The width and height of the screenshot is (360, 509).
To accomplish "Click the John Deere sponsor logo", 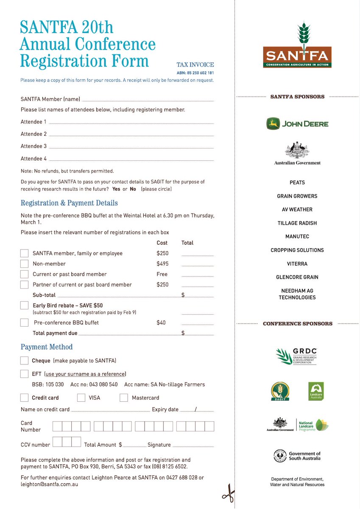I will tap(297, 124).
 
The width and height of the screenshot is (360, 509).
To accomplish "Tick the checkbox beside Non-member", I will tap(25, 264).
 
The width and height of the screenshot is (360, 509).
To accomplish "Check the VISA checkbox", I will tap(81, 398).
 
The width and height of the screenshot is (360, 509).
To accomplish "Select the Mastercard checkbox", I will tap(123, 398).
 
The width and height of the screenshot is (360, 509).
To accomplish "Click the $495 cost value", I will tap(162, 264).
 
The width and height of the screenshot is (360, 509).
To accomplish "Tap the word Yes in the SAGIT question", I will tap(116, 189).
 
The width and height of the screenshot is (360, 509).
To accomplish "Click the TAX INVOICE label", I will tap(195, 65).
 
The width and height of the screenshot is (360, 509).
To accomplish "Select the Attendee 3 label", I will tap(34, 146).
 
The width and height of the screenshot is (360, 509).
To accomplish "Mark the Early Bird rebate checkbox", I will tap(25, 305).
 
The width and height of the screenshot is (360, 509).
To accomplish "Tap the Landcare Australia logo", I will tap(316, 391).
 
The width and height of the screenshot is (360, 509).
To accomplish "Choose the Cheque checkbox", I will tap(25, 361).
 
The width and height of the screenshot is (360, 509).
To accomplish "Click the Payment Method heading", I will tap(47, 347).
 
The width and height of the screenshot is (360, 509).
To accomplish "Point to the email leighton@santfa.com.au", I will tap(49, 484).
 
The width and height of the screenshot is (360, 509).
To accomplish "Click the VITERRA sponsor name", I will tap(297, 264).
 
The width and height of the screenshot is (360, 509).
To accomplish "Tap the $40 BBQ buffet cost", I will tap(161, 323).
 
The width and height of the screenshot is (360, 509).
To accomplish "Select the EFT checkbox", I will tap(25, 374).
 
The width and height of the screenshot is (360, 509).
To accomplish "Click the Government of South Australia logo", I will tap(297, 456).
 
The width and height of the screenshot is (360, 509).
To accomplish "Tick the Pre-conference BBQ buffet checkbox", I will tap(25, 323).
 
